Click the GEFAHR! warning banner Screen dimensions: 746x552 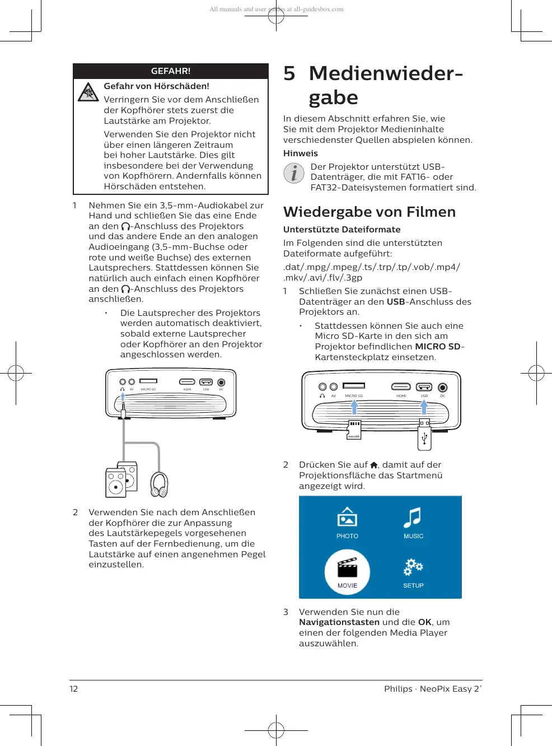(x=171, y=71)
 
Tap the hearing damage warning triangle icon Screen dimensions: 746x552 (x=88, y=92)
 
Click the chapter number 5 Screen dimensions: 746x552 (x=289, y=73)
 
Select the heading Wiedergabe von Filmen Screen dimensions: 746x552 (x=369, y=212)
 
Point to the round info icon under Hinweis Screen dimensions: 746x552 (x=293, y=173)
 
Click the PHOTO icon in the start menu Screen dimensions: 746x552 (x=347, y=517)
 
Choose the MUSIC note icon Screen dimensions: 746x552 (x=413, y=518)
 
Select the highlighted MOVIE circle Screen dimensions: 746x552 (x=347, y=571)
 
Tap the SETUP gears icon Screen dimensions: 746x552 (x=413, y=567)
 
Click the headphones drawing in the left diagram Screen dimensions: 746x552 (x=159, y=484)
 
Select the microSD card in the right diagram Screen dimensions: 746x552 (x=354, y=430)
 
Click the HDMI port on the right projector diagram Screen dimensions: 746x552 (x=401, y=386)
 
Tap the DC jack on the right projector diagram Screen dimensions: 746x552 (x=443, y=387)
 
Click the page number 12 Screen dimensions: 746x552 (x=74, y=689)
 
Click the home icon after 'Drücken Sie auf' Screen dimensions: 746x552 (x=374, y=465)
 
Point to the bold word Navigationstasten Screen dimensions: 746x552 (x=339, y=622)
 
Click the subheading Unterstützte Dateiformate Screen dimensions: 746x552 (x=342, y=230)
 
